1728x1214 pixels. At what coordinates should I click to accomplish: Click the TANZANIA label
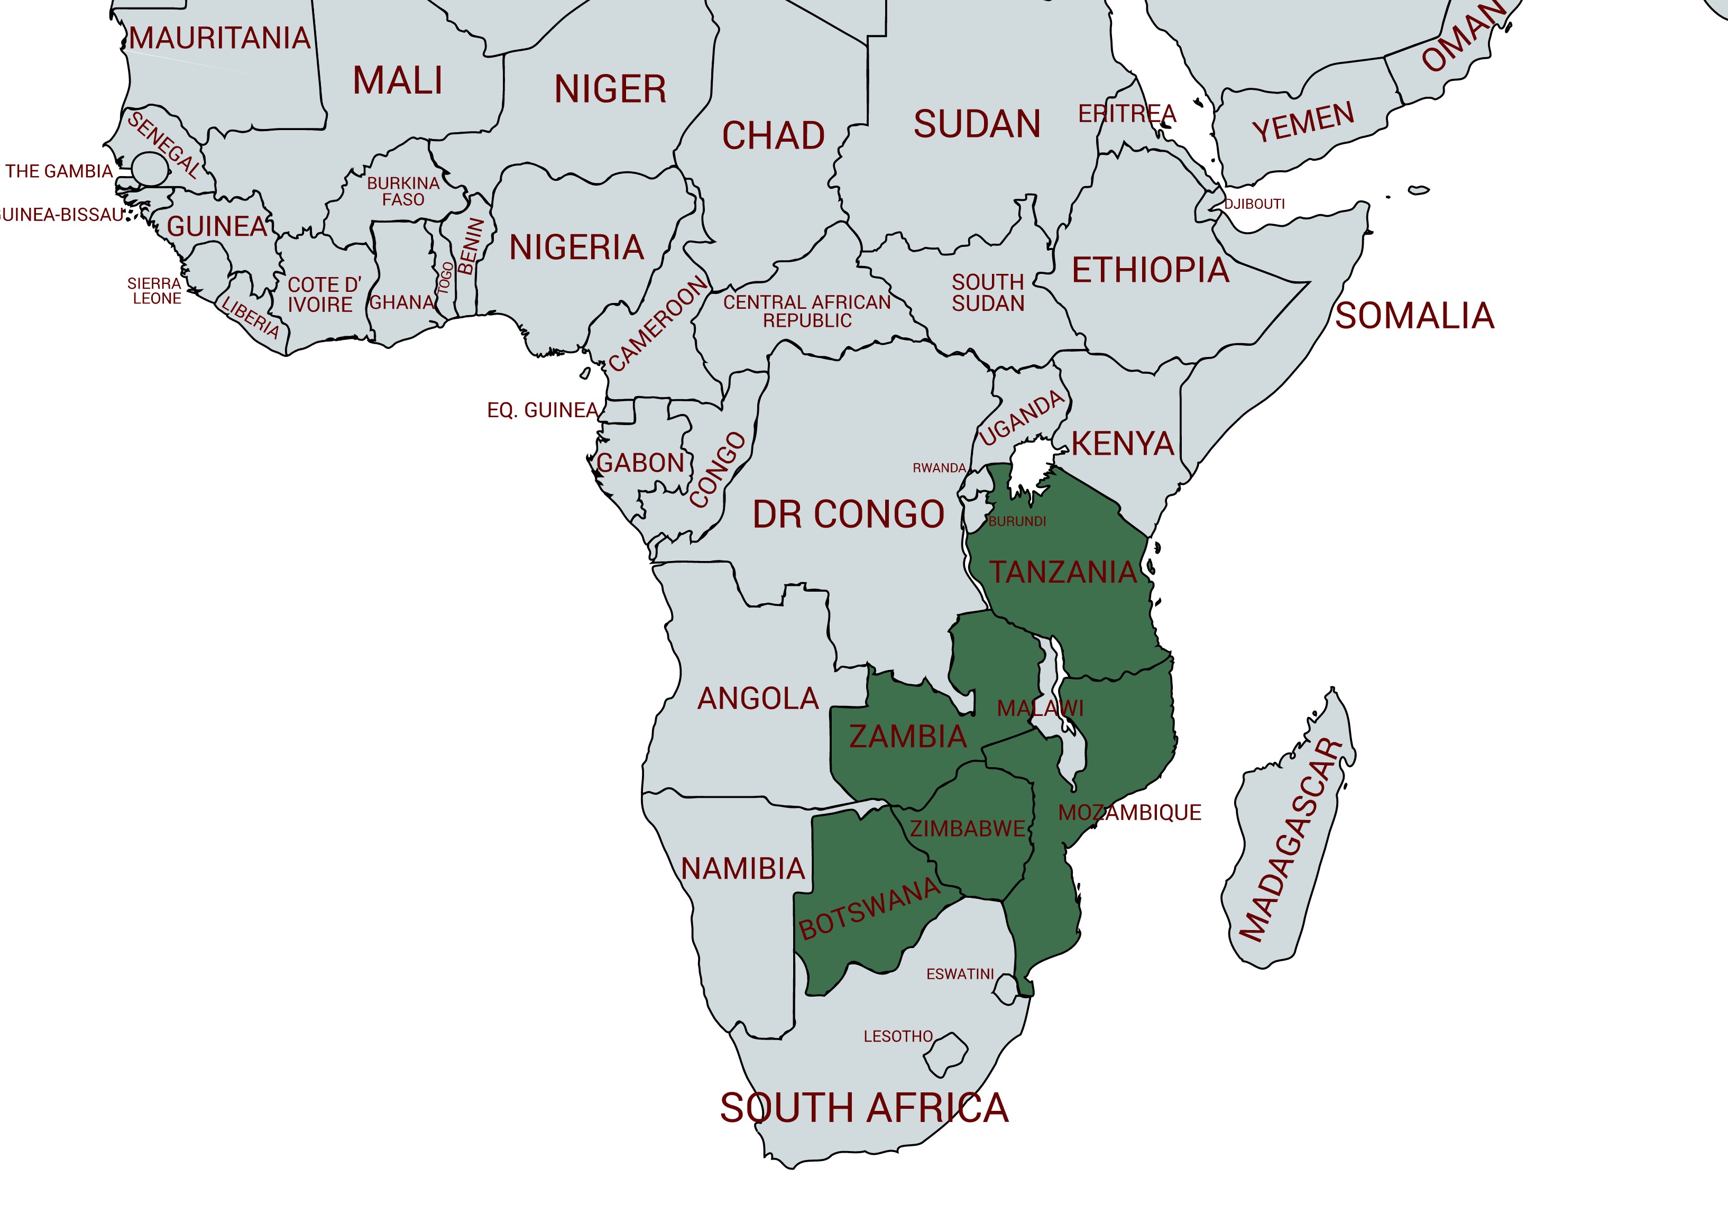1062,572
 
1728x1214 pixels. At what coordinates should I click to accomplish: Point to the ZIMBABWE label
967,829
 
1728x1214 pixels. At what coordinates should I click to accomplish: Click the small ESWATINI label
960,974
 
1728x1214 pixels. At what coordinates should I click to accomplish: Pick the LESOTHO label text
898,1036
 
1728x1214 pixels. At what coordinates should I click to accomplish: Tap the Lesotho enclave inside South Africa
945,1054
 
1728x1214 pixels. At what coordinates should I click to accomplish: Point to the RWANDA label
939,467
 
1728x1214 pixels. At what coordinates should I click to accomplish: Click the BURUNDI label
1017,521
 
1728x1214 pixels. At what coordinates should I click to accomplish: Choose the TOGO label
446,279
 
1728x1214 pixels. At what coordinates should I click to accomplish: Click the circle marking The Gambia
150,169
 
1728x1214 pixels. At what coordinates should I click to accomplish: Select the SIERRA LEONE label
155,290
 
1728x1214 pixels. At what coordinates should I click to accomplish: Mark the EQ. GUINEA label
542,410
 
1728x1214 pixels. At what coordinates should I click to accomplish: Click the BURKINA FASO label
403,191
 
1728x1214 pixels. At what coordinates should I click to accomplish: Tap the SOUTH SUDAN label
988,293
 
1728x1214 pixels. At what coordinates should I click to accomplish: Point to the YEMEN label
1303,122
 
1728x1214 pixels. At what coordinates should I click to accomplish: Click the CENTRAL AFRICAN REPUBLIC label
807,311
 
